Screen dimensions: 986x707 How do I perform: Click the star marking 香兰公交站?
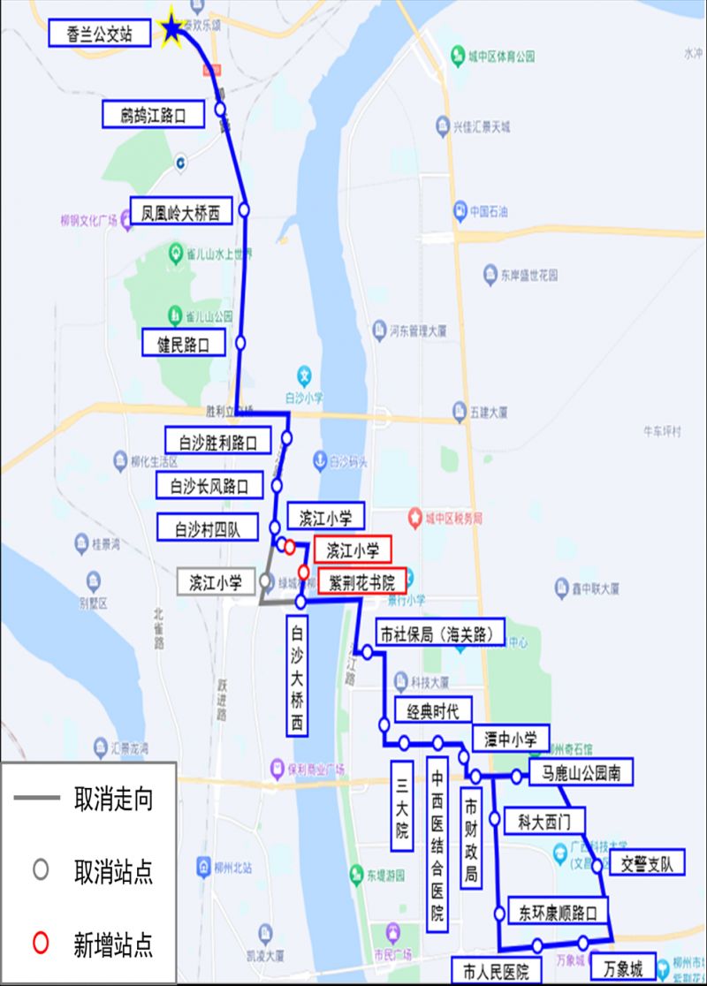[x=171, y=29]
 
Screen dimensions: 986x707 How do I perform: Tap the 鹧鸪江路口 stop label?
[x=155, y=115]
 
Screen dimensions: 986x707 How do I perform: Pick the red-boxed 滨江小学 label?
[x=353, y=550]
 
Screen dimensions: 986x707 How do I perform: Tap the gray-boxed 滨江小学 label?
[x=215, y=582]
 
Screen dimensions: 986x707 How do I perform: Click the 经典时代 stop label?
[x=433, y=710]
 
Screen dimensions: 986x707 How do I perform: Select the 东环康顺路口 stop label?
[x=559, y=910]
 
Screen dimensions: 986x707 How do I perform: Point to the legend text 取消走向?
[x=113, y=800]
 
